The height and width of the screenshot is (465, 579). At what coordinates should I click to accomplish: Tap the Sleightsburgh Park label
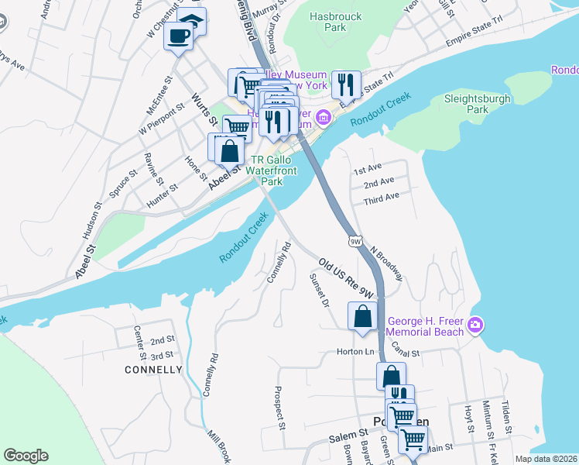tap(478, 104)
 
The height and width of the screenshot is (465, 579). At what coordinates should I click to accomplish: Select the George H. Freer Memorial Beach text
tap(426, 326)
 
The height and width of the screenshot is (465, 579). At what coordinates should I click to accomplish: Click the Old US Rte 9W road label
tap(345, 281)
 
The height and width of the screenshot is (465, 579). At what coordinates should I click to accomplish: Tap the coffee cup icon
tap(179, 36)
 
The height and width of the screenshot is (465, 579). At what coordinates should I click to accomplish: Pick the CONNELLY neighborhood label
tap(153, 370)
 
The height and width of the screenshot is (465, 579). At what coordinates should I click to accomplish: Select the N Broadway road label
tap(386, 263)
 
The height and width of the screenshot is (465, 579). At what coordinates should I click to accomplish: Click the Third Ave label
tap(381, 197)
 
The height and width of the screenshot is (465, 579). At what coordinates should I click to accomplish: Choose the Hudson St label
tap(96, 220)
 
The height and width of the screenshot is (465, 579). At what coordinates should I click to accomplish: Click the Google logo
tap(26, 456)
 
